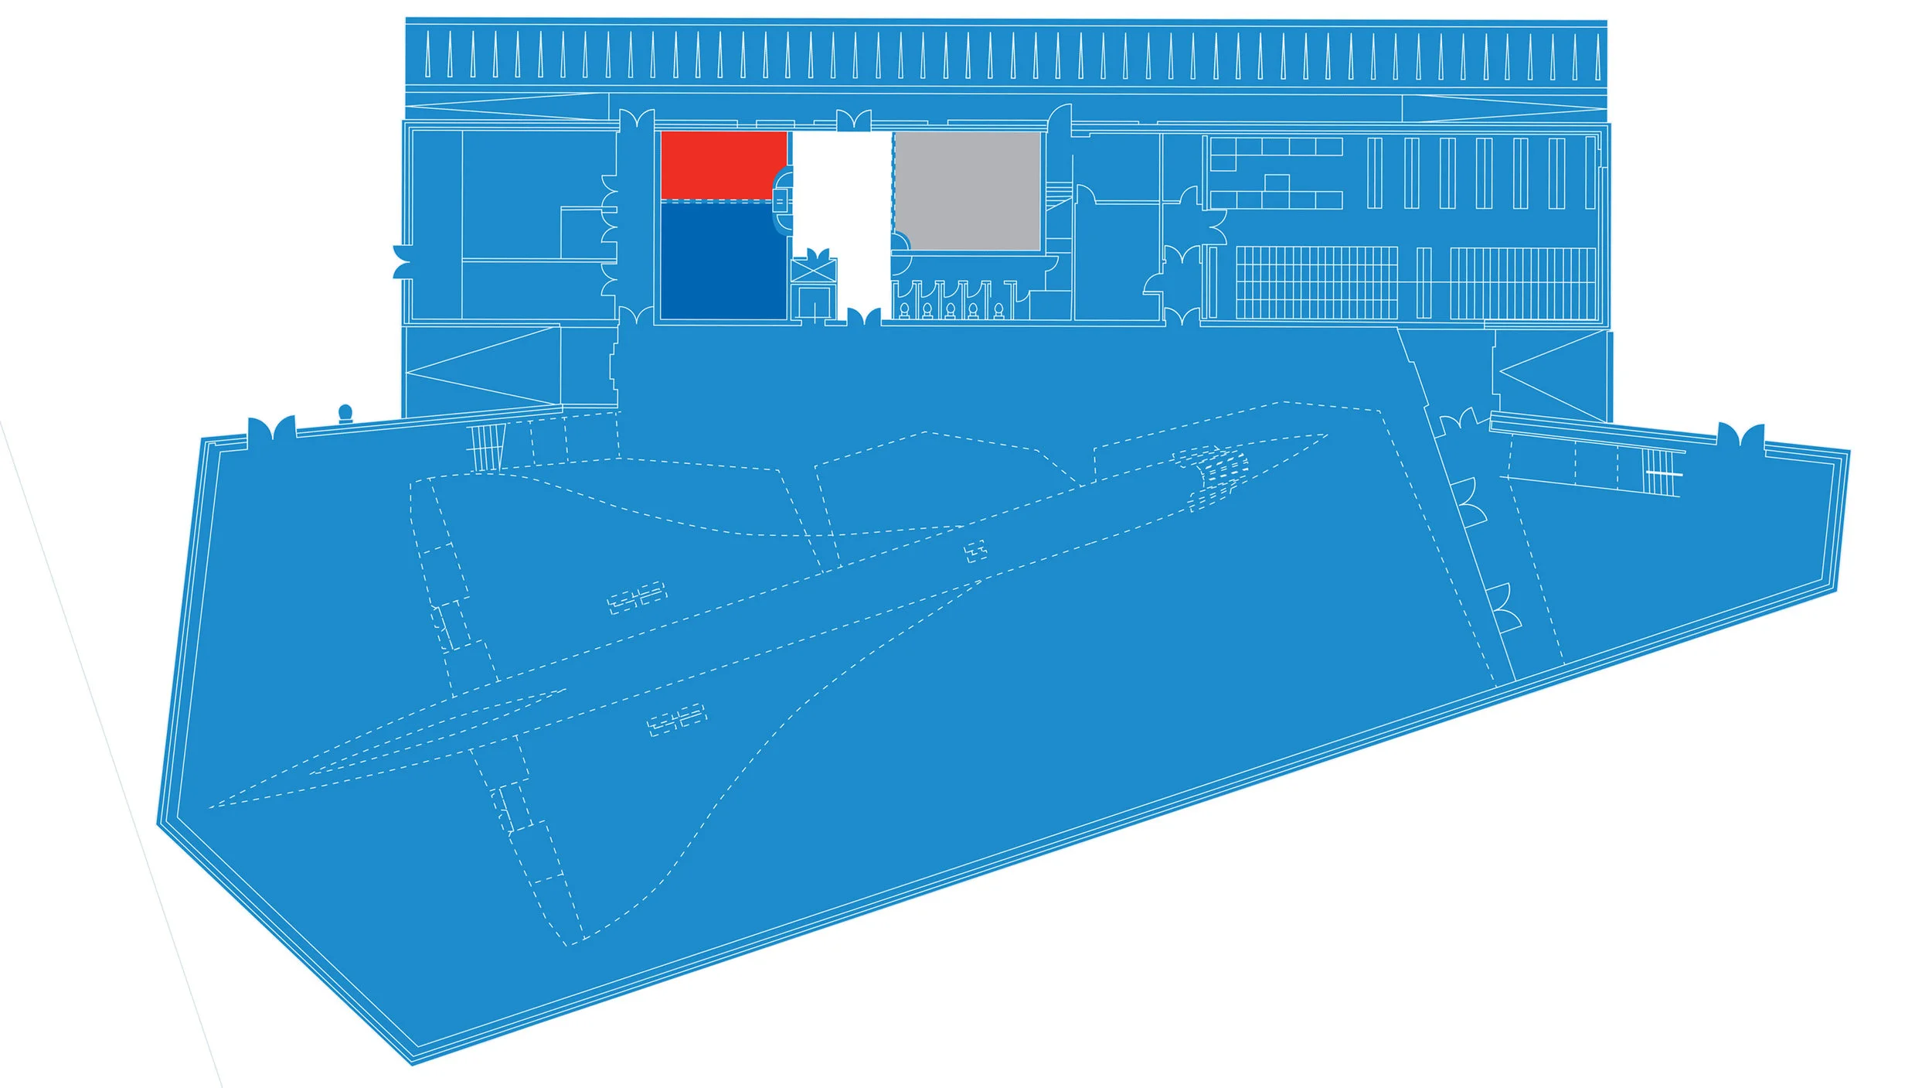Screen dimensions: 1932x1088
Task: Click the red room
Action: [723, 165]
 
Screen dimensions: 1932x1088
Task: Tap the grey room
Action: [967, 191]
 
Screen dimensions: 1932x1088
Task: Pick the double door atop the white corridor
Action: [853, 122]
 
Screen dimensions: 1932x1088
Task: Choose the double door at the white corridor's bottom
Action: [863, 317]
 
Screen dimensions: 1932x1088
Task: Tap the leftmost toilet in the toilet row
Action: [904, 310]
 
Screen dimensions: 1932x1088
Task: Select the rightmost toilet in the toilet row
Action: [998, 310]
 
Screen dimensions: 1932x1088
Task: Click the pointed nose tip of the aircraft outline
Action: [1326, 435]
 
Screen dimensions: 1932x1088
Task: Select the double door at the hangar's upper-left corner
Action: [271, 429]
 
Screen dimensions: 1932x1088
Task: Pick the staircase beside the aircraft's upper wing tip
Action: [485, 447]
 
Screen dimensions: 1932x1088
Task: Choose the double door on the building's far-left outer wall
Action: [403, 261]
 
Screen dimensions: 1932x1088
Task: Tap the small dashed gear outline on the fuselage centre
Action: [975, 551]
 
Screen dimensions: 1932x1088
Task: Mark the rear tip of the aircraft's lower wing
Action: [570, 944]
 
